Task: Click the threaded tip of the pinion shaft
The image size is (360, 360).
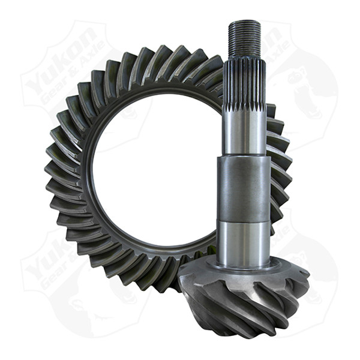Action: point(244,37)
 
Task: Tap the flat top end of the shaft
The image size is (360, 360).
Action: point(244,22)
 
